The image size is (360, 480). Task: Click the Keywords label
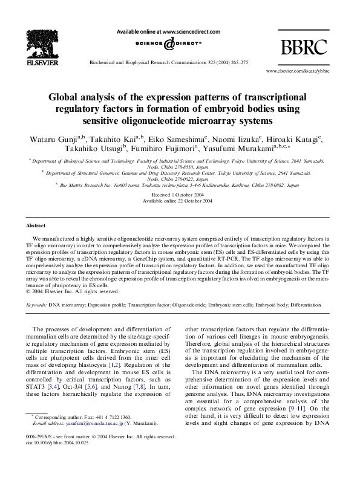click(x=36, y=290)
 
